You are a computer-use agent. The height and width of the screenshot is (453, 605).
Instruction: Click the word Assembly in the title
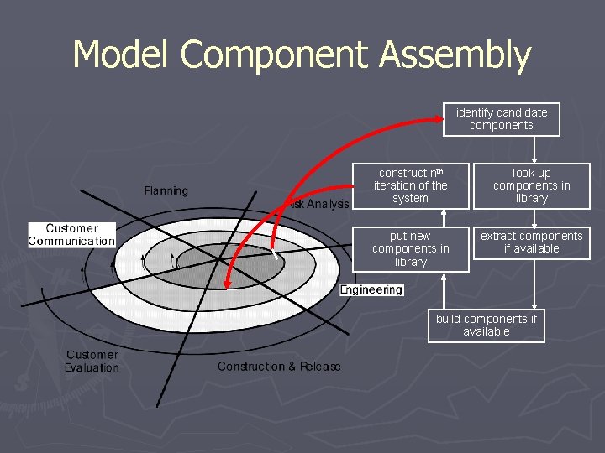455,55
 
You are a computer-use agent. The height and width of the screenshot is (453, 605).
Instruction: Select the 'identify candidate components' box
501,119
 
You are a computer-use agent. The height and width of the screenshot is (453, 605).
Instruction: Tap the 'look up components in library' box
531,185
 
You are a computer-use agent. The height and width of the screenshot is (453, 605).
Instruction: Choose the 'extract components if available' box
531,242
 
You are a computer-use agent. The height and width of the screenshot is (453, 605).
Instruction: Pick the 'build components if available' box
486,325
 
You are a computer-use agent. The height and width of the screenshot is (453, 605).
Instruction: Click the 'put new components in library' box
410,249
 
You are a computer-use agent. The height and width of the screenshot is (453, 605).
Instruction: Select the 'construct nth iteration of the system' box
410,185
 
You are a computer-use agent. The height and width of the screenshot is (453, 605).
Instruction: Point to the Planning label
166,191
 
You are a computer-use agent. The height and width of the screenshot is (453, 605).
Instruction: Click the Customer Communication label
71,235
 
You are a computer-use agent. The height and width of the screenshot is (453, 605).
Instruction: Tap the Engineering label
371,290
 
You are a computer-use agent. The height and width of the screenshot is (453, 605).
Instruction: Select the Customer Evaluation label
92,362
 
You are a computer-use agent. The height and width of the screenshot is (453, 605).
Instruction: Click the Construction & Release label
279,367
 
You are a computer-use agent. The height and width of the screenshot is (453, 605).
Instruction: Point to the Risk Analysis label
318,204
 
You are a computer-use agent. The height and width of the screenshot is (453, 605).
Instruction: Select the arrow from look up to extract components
535,217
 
